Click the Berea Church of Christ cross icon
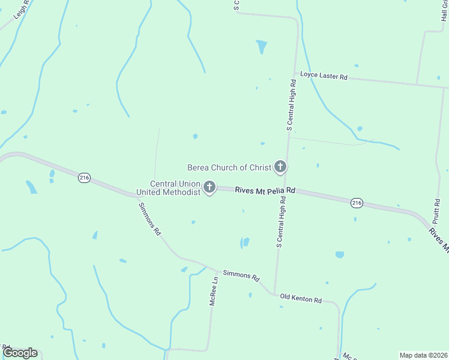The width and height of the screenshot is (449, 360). pos(280,167)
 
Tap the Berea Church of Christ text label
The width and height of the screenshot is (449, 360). pos(230,167)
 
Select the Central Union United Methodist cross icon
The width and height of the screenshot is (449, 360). pos(209,188)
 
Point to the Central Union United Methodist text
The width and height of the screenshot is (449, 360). pos(168,188)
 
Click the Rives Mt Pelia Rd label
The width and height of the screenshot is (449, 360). pos(265,190)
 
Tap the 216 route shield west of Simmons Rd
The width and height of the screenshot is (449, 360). pos(84,178)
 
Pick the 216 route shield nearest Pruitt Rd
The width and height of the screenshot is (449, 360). pos(357,203)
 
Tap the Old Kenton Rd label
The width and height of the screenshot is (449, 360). pos(301,299)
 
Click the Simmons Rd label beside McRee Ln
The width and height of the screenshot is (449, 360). pos(241,276)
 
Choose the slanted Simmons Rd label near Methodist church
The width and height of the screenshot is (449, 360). pos(149,218)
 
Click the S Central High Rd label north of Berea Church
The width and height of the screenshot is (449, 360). pos(291,106)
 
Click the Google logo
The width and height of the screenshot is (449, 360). pos(20,353)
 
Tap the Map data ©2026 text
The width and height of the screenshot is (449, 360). pos(424,355)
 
